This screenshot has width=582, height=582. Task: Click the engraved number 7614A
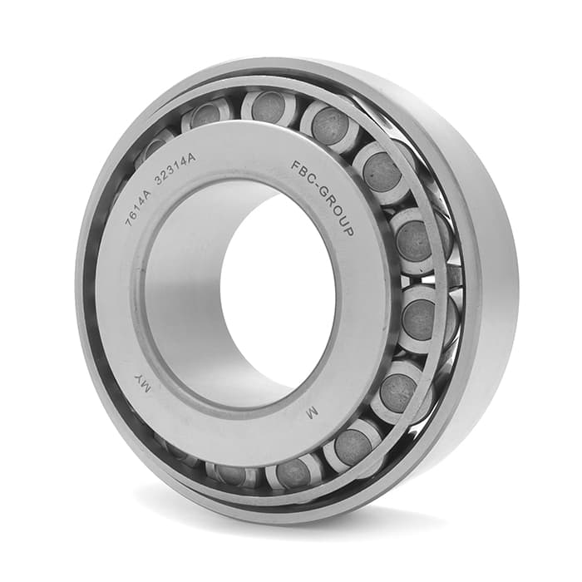139,205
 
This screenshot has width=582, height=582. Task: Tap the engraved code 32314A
175,168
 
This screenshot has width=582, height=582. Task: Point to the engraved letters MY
142,384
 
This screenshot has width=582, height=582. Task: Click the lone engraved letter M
312,412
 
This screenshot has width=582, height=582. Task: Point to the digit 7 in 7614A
130,222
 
